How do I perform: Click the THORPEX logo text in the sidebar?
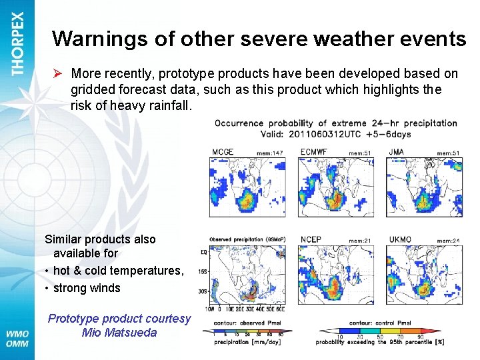[x=17, y=43]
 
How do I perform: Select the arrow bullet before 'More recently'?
[x=58, y=73]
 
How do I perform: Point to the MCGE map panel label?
[x=223, y=152]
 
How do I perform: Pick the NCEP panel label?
[x=311, y=239]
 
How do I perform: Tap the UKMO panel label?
[x=401, y=239]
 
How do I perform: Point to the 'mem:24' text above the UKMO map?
[x=449, y=241]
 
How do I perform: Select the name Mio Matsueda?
[x=119, y=333]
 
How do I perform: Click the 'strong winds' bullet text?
[x=87, y=288]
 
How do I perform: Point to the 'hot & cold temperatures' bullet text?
[x=118, y=270]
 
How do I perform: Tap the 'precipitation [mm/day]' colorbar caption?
[x=249, y=342]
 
